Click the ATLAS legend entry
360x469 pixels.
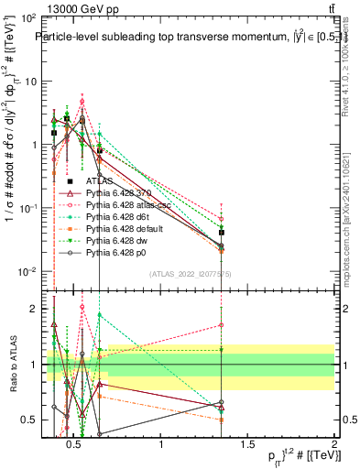pyautogui.click(x=98, y=180)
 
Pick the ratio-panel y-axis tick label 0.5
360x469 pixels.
pyautogui.click(x=27, y=420)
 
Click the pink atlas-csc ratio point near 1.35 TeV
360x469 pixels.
pyautogui.click(x=222, y=325)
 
